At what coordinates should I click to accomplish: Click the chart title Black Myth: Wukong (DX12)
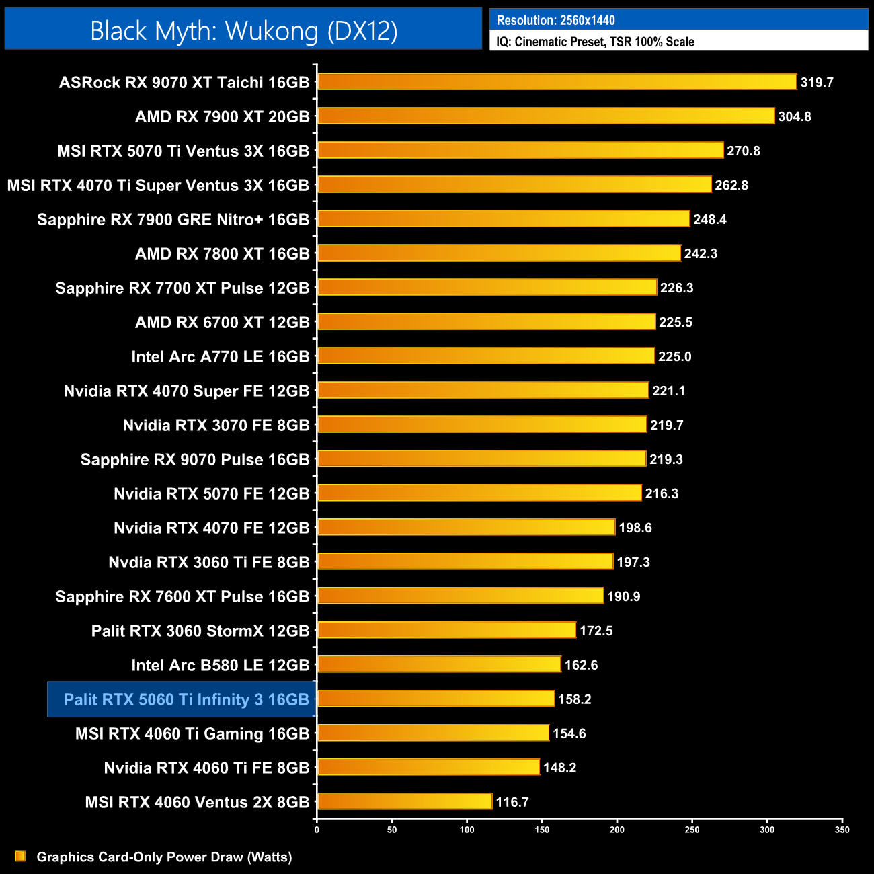[x=243, y=31]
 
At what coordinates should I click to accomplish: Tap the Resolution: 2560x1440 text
[x=555, y=20]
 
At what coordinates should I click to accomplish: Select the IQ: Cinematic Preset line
[x=595, y=42]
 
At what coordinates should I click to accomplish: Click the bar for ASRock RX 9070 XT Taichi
[x=557, y=82]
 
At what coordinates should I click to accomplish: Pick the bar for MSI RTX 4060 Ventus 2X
[x=404, y=801]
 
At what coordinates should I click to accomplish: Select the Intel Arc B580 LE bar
[x=438, y=664]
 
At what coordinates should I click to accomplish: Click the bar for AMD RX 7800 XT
[x=498, y=253]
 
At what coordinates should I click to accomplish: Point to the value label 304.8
[x=795, y=117]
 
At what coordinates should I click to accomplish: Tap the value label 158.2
[x=575, y=699]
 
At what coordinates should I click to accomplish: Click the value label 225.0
[x=675, y=356]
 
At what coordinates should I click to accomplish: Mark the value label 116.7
[x=512, y=802]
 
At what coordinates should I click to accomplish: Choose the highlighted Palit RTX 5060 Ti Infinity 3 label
[x=186, y=699]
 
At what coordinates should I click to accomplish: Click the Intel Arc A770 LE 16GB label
[x=221, y=356]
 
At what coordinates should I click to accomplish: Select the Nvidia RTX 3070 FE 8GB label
[x=216, y=425]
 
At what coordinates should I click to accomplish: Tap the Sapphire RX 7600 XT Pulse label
[x=182, y=596]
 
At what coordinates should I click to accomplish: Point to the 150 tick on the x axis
[x=542, y=830]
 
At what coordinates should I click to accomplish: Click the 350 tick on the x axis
[x=842, y=830]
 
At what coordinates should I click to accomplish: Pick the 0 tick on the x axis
[x=317, y=830]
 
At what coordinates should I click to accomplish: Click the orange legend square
[x=20, y=856]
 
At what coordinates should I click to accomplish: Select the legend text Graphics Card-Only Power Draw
[x=164, y=857]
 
